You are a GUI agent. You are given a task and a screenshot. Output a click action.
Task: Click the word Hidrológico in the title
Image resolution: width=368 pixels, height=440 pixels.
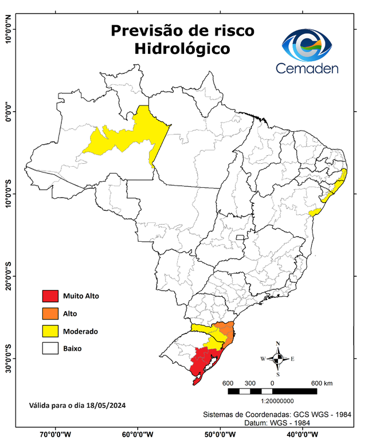click(x=182, y=49)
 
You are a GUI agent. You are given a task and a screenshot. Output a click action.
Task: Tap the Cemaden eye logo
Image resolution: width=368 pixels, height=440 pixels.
click(x=310, y=44)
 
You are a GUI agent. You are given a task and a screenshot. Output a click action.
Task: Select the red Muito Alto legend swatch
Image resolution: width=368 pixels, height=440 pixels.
click(x=50, y=296)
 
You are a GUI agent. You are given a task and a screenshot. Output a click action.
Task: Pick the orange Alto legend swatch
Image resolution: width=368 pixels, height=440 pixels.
click(x=50, y=313)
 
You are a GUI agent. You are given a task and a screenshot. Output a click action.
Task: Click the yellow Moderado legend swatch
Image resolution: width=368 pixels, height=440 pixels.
click(x=50, y=331)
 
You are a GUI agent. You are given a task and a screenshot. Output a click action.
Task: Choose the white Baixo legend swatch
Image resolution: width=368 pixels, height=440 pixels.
click(x=50, y=348)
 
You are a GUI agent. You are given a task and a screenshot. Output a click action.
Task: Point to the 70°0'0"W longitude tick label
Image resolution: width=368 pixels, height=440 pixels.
click(x=56, y=434)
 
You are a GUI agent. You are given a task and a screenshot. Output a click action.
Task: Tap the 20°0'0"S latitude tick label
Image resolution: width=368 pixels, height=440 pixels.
click(x=8, y=277)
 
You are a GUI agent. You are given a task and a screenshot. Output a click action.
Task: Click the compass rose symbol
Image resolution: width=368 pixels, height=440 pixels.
click(x=277, y=359)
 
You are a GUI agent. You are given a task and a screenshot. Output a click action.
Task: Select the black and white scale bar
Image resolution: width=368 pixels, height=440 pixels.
click(x=272, y=391)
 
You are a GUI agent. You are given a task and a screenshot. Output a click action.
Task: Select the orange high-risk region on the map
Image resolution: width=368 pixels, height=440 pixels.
click(x=226, y=333)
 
